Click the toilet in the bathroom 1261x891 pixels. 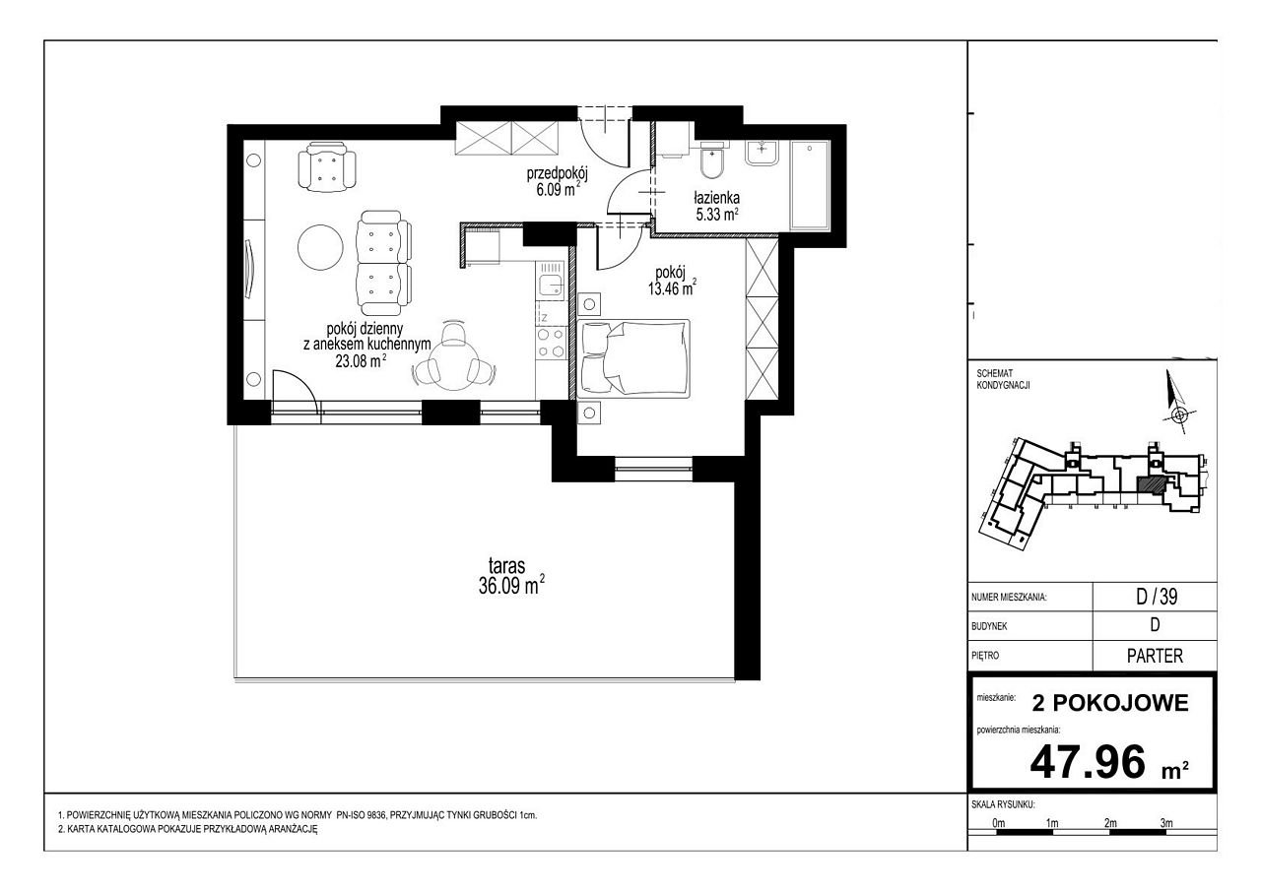click(713, 159)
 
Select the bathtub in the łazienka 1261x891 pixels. click(810, 186)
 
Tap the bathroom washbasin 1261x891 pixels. click(763, 153)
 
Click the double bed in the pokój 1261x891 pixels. click(633, 358)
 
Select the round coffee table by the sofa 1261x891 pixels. click(320, 247)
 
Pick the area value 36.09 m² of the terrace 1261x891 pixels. click(511, 586)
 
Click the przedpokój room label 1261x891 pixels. click(558, 173)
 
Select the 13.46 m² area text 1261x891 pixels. click(672, 289)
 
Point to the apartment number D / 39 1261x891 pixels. click(1157, 597)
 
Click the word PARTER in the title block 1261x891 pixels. click(1156, 656)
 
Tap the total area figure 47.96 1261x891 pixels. click(1088, 762)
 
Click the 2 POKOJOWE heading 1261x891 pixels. click(1110, 703)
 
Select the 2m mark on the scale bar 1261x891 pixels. click(1110, 823)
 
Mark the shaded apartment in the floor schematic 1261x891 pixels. click(1150, 484)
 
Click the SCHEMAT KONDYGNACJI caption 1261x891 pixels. click(1003, 379)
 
